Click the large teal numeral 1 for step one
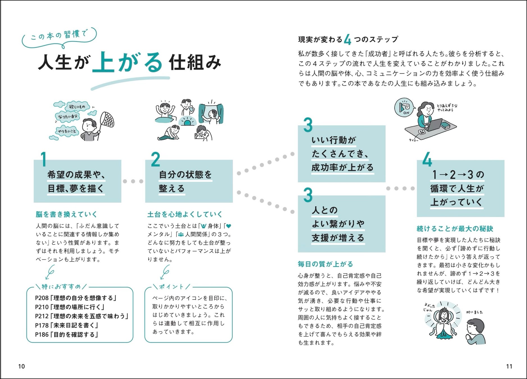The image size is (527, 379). click(x=44, y=160)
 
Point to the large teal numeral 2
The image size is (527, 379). click(x=155, y=160)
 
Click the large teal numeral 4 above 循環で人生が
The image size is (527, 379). click(x=427, y=161)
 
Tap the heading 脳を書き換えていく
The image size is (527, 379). click(x=66, y=214)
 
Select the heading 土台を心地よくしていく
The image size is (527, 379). click(x=185, y=214)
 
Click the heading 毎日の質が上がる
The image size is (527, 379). click(x=325, y=264)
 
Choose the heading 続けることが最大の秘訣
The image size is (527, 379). click(x=455, y=229)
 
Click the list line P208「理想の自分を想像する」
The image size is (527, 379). click(x=76, y=298)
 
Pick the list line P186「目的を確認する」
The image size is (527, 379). click(x=67, y=334)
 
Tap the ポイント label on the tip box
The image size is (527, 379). click(x=172, y=287)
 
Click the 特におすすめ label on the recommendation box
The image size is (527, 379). click(x=61, y=287)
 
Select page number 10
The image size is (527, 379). click(x=21, y=366)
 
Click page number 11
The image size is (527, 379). click(x=509, y=366)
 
